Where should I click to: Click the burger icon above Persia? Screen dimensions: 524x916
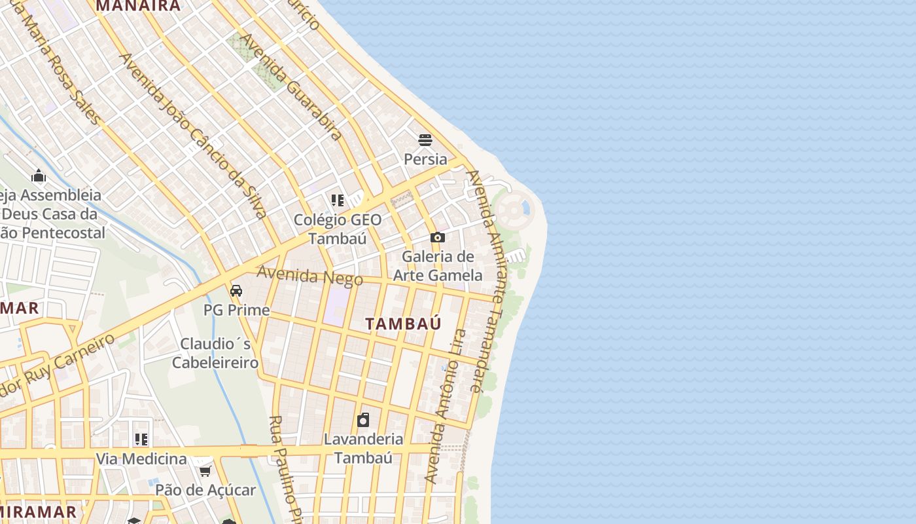coord(425,140)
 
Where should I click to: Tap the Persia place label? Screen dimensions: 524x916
coord(425,159)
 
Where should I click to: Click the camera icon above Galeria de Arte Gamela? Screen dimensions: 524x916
coord(438,237)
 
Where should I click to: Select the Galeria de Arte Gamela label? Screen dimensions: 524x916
coord(438,265)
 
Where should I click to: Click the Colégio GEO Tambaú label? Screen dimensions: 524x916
coord(338,229)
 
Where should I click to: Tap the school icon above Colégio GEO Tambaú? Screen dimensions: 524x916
coord(338,200)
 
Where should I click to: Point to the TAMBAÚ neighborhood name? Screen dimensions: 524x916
coord(403,324)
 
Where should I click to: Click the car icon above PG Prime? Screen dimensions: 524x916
coord(236,290)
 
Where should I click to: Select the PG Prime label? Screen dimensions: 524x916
coord(236,310)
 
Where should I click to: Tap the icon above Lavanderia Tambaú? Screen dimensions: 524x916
coord(363,419)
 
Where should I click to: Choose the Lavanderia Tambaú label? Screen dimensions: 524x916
coord(363,448)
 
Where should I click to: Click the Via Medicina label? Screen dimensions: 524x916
coord(141,458)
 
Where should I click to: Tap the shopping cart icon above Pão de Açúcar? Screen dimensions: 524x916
coord(205,471)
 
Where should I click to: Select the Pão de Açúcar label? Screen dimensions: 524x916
coord(205,490)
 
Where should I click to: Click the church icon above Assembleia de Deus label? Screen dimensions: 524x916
coord(39,176)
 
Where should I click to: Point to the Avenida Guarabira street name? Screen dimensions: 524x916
coord(291,86)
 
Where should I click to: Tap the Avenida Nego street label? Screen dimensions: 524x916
coord(309,276)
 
